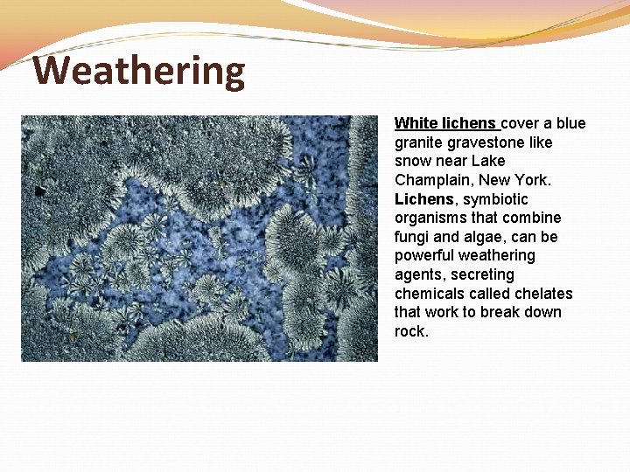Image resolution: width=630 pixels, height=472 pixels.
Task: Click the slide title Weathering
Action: click(139, 71)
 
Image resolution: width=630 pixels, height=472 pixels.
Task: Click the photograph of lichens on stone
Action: click(199, 238)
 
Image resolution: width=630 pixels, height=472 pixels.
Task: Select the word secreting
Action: click(483, 274)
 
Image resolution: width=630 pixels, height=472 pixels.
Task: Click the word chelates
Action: click(542, 294)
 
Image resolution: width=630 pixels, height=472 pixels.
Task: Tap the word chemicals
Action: click(433, 294)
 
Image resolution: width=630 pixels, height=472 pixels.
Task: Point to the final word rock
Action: click(410, 331)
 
